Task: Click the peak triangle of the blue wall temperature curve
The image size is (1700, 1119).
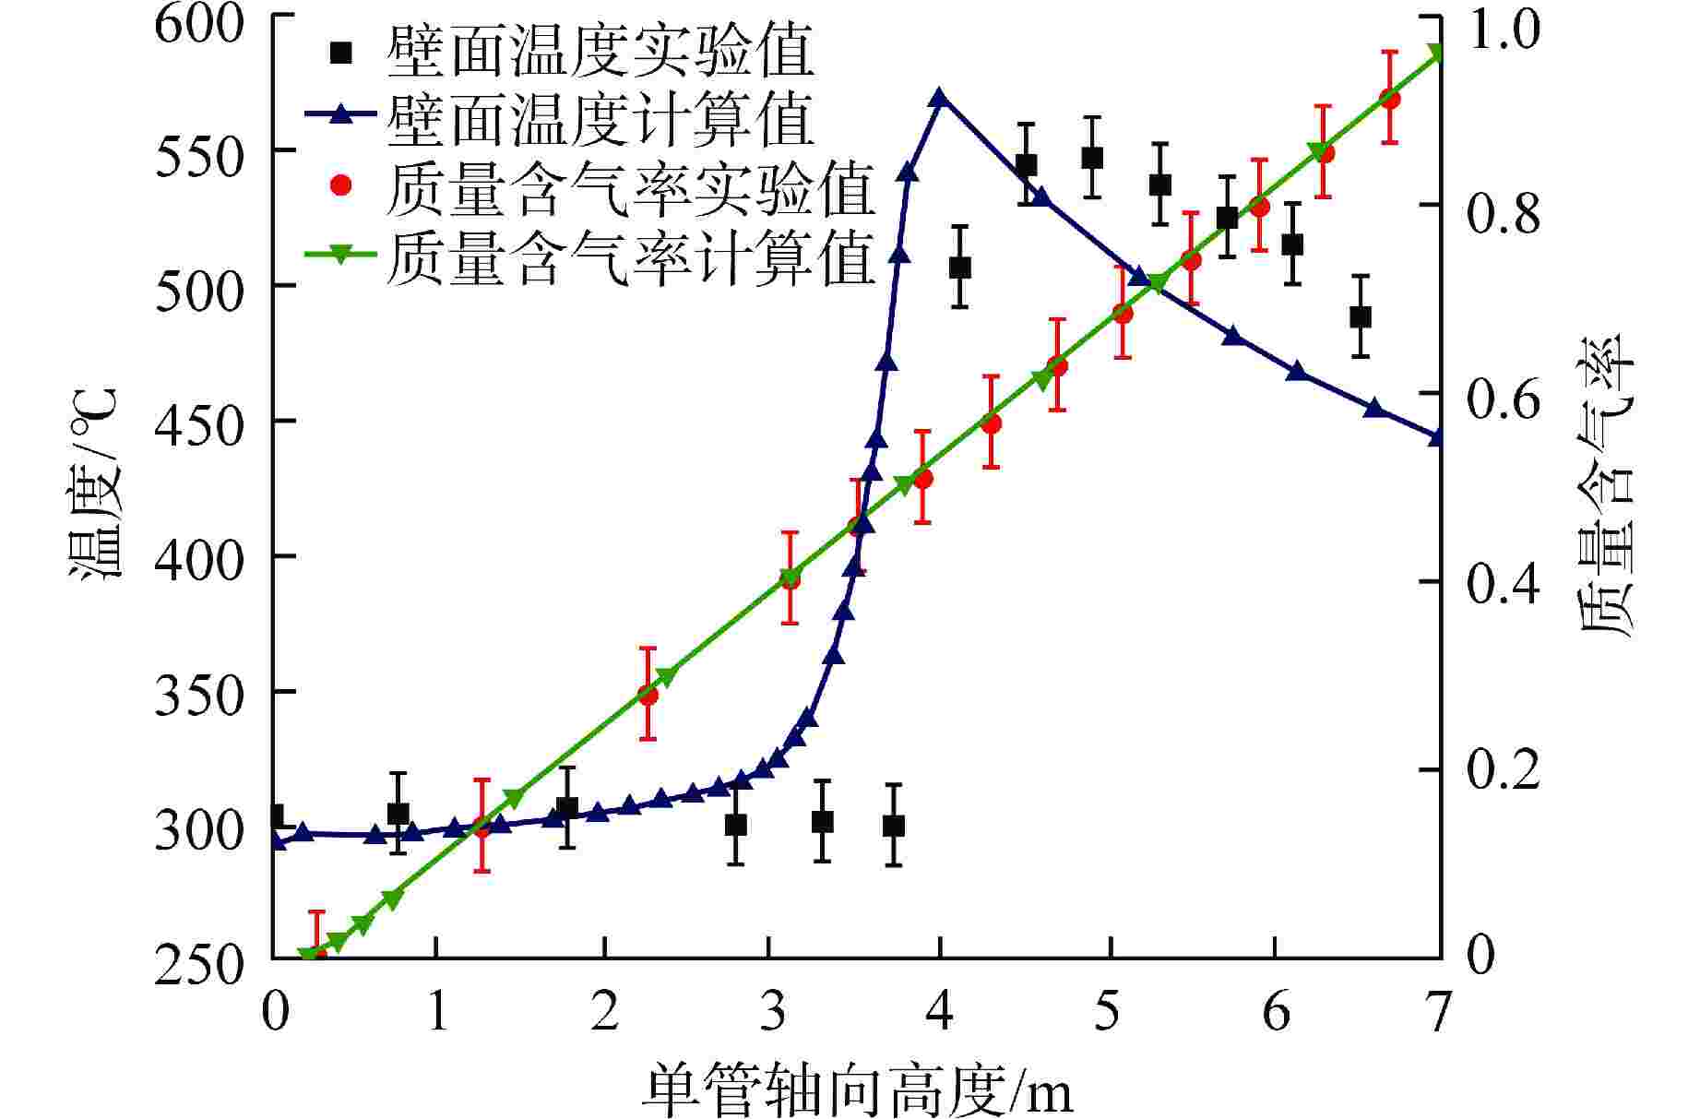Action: tap(939, 99)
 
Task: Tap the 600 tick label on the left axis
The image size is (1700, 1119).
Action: tap(199, 22)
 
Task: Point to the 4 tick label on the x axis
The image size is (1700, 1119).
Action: tap(940, 1012)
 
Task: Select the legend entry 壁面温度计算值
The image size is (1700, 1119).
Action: tap(600, 117)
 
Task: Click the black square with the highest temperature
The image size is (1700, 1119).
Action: tap(1093, 158)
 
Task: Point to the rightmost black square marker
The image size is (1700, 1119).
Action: tap(1360, 316)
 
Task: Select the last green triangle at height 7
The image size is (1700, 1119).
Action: tap(1435, 53)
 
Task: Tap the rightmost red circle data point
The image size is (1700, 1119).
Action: tap(1390, 99)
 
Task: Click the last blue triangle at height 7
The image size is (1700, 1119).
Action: tap(1435, 437)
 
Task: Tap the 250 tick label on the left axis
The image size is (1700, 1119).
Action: tap(199, 967)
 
